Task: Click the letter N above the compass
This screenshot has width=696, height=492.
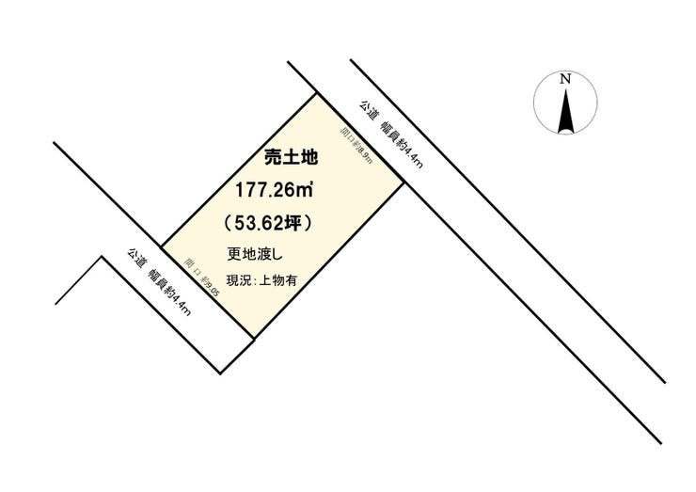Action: [x=565, y=80]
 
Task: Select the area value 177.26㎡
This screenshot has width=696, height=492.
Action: [x=275, y=191]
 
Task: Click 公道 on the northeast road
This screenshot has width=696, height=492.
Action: [x=368, y=112]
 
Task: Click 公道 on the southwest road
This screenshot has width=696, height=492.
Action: [x=136, y=259]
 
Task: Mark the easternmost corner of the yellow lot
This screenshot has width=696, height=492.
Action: [x=404, y=183]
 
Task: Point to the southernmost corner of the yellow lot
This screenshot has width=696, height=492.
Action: [x=252, y=337]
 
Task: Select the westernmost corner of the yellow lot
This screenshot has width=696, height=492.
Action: [x=162, y=247]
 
